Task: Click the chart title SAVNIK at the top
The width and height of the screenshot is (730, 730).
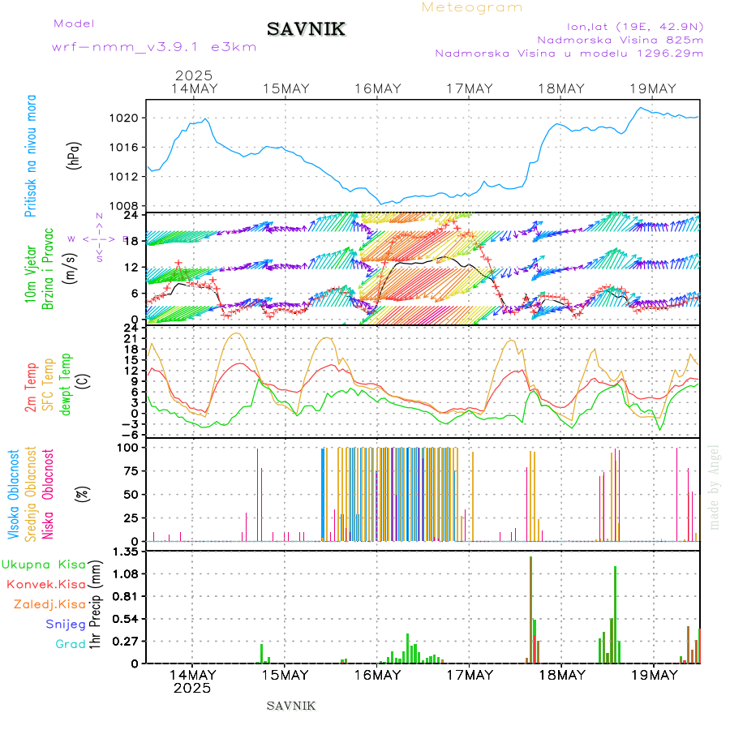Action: click(307, 29)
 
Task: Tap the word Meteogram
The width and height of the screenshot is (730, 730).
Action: click(472, 7)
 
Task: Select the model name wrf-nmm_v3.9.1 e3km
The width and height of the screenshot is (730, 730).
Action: click(154, 46)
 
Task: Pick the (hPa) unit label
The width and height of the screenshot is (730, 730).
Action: click(74, 154)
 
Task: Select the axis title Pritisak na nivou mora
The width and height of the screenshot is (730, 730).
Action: click(31, 155)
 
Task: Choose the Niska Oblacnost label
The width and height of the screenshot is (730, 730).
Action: click(49, 494)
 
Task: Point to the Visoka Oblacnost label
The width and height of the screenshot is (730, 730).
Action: click(14, 494)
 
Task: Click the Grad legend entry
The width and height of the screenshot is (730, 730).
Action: click(70, 644)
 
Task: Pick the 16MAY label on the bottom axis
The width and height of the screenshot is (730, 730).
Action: click(376, 675)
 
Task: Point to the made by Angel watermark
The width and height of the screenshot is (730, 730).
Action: click(715, 487)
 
